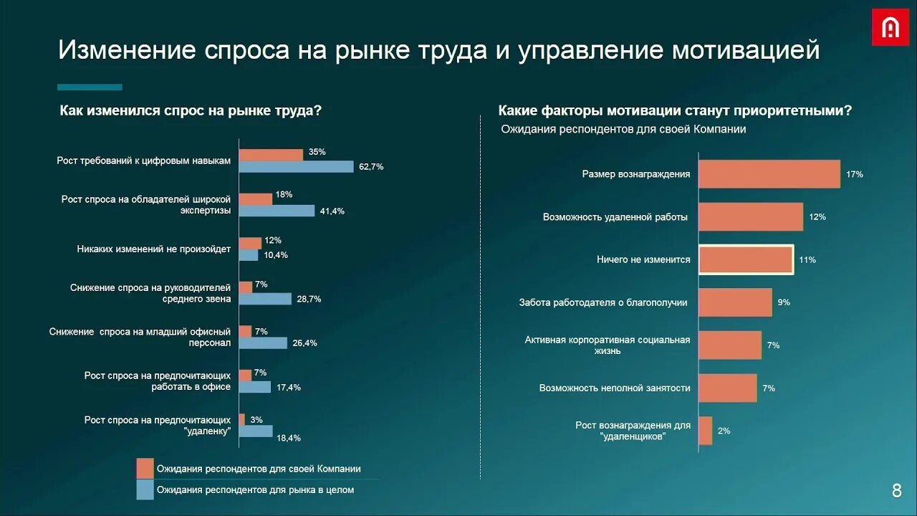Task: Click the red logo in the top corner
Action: point(890,27)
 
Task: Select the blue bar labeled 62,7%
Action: point(296,167)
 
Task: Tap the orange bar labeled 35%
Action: point(271,155)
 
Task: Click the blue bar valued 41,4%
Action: point(277,211)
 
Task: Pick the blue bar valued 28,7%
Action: point(265,299)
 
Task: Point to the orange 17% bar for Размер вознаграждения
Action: point(769,174)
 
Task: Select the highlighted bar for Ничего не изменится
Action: point(746,259)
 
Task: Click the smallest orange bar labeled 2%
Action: point(706,431)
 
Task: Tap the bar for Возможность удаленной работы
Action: point(751,216)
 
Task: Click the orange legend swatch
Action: point(145,468)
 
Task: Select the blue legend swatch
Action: point(145,489)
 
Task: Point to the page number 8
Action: point(897,491)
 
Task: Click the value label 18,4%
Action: point(289,438)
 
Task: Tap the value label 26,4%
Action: point(304,343)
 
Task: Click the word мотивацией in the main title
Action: point(745,50)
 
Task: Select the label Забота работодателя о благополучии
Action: point(603,302)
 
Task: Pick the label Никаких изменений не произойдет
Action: point(154,249)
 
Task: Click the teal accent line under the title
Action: point(90,87)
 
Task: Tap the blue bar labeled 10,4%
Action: point(249,255)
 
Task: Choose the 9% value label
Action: point(784,302)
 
